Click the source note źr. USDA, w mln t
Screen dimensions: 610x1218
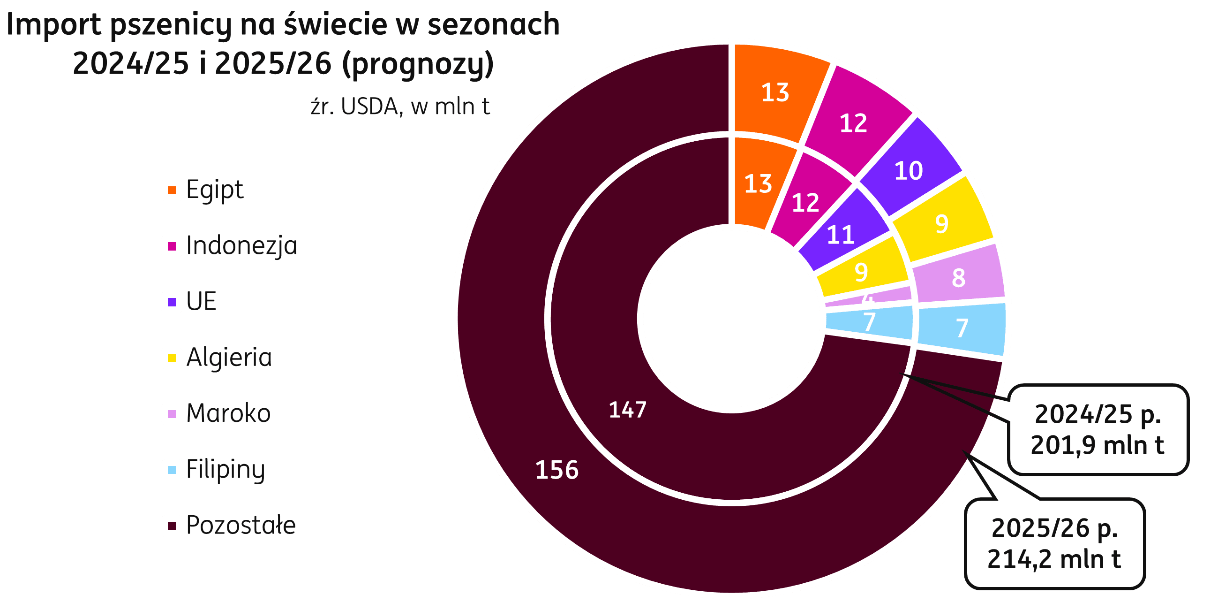(x=400, y=107)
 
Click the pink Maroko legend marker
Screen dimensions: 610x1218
(x=172, y=414)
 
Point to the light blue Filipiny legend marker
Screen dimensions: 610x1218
(x=172, y=470)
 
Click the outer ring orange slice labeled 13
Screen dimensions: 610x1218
(x=775, y=92)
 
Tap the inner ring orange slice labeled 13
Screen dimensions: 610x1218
(x=758, y=183)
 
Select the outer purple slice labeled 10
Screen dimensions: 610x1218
(x=908, y=170)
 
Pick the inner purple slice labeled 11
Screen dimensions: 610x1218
(x=840, y=234)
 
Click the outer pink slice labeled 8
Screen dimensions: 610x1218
(x=958, y=278)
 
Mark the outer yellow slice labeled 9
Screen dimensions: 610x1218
(x=941, y=223)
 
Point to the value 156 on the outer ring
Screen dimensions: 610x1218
(x=556, y=470)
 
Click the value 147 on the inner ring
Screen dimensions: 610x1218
(x=627, y=410)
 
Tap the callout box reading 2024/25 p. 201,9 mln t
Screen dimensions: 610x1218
(x=1098, y=430)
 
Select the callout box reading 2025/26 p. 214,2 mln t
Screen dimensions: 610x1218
(x=1054, y=543)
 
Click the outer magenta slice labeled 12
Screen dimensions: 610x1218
(x=853, y=123)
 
